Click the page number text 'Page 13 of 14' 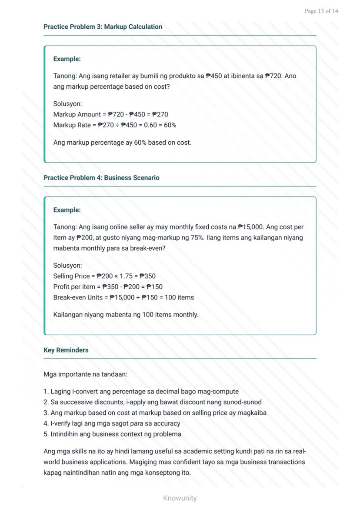321,11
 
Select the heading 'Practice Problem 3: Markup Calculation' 103,27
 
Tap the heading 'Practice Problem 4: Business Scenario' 101,177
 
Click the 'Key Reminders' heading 66,350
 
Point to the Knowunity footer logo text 180,498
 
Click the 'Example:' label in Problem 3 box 67,59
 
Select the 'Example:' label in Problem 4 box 67,210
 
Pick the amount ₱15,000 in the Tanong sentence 250,227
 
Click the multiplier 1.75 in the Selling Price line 126,276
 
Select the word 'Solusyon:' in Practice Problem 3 67,104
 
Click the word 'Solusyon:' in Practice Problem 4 67,265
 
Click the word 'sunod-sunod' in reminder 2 243,402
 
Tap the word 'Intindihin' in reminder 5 65,434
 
